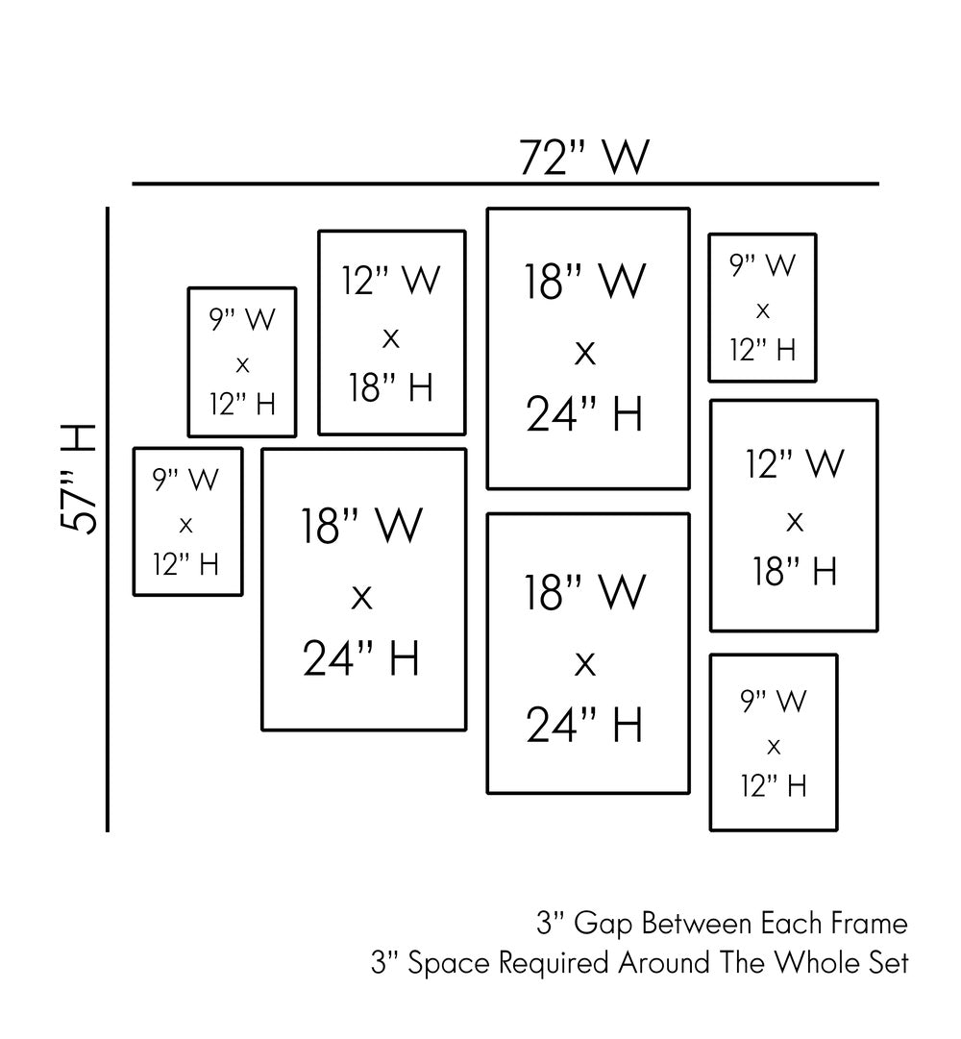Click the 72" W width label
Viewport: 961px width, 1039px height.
[584, 157]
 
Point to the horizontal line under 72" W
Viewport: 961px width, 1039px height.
[505, 183]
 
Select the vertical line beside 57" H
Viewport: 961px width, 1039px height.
[108, 519]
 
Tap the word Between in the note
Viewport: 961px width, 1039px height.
[695, 925]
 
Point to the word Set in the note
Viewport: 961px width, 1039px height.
[889, 963]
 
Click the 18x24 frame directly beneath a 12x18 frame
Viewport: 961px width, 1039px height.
[363, 589]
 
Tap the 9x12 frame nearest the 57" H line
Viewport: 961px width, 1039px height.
[187, 522]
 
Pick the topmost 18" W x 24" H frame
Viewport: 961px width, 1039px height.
[588, 348]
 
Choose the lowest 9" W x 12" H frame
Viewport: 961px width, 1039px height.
[774, 742]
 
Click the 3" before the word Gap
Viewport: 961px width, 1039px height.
[550, 925]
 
